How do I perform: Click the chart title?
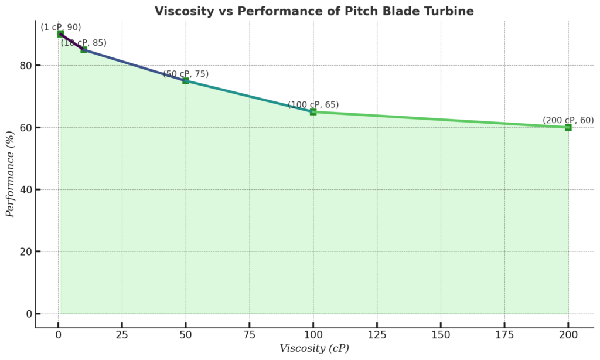pyautogui.click(x=314, y=11)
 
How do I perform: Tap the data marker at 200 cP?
pyautogui.click(x=568, y=127)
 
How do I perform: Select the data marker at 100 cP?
pyautogui.click(x=313, y=112)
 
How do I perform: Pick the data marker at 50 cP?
pyautogui.click(x=186, y=81)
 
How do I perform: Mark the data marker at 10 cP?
pyautogui.click(x=84, y=50)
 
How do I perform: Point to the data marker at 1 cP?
pyautogui.click(x=60, y=34)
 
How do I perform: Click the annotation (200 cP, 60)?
pyautogui.click(x=568, y=120)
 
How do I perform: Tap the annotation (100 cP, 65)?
pyautogui.click(x=313, y=105)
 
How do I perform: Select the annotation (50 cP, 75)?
pyautogui.click(x=186, y=74)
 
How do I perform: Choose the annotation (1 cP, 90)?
pyautogui.click(x=60, y=27)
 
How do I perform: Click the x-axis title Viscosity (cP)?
pyautogui.click(x=314, y=348)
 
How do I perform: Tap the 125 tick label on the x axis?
pyautogui.click(x=377, y=335)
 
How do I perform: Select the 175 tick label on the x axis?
pyautogui.click(x=504, y=335)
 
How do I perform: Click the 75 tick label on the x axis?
pyautogui.click(x=250, y=335)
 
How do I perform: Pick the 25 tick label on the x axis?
pyautogui.click(x=122, y=335)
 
